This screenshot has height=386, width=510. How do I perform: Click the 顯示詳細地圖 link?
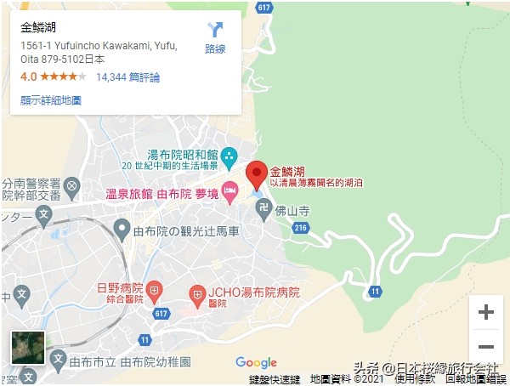click(51, 99)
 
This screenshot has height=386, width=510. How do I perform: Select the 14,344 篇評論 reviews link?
click(128, 77)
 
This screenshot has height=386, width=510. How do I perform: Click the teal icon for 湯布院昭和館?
click(229, 156)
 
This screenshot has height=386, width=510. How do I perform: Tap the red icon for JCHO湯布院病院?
click(197, 294)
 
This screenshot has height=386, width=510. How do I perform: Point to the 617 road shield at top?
click(263, 8)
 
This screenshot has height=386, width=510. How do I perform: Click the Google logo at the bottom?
click(256, 363)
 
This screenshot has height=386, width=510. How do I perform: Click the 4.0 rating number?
click(28, 77)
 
